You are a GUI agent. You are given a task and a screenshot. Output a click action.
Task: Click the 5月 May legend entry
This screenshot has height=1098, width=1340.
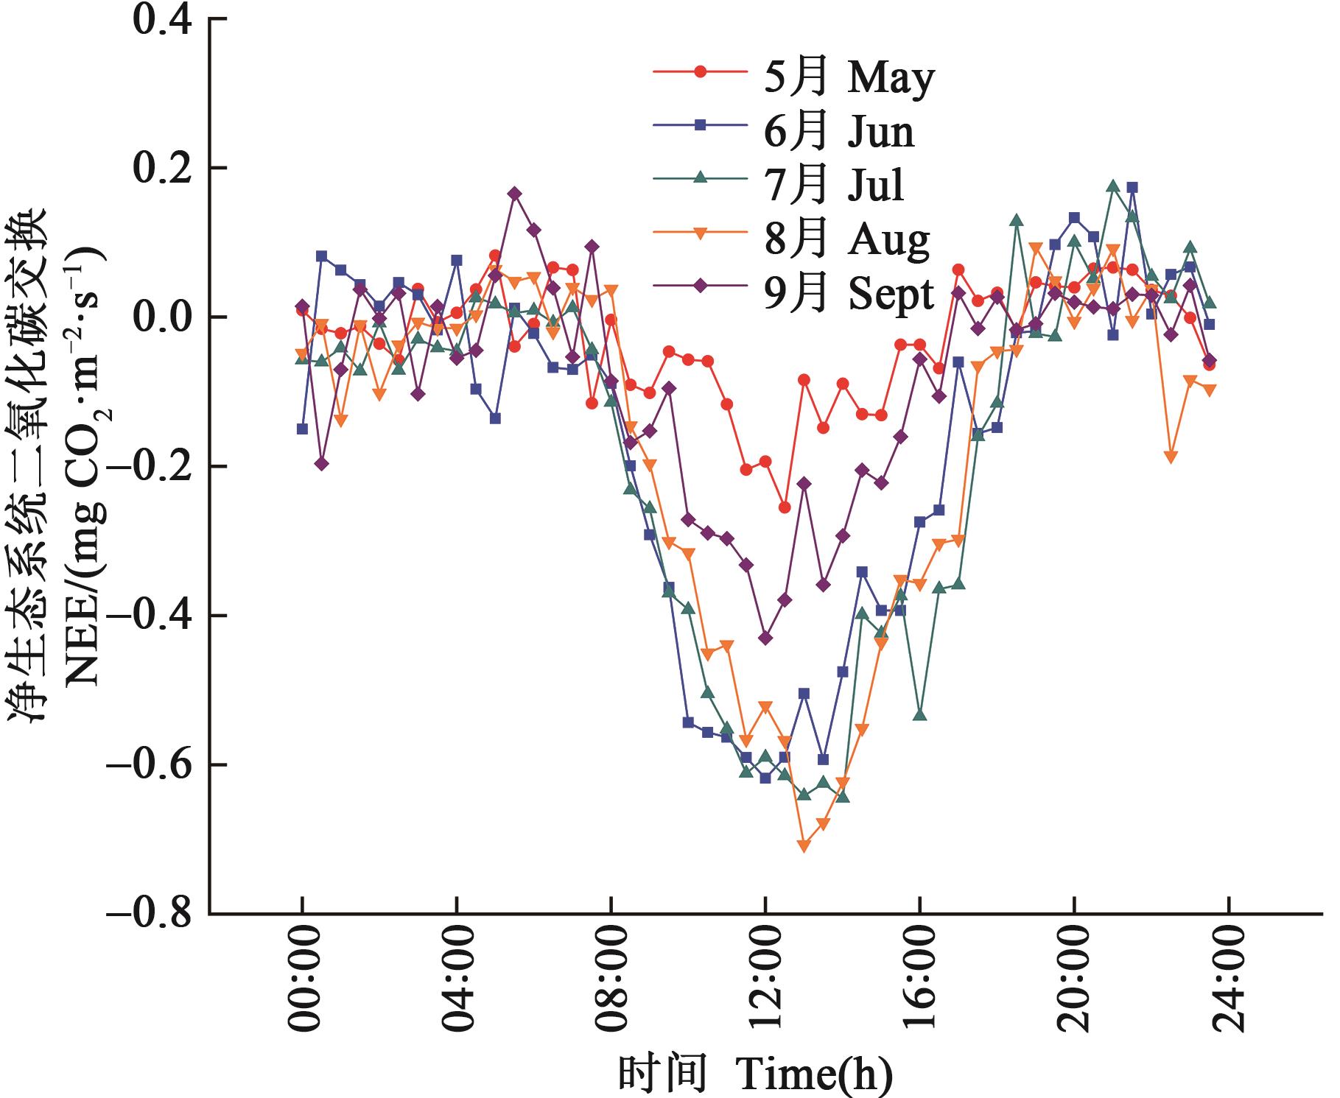(793, 73)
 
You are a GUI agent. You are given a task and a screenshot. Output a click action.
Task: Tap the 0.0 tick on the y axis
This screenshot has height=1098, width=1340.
(163, 317)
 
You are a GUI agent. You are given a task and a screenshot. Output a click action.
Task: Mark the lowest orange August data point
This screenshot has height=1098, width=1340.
(804, 846)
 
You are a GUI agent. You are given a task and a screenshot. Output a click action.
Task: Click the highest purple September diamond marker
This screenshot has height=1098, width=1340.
(514, 194)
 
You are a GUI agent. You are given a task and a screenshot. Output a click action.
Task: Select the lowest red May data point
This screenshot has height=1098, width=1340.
(785, 507)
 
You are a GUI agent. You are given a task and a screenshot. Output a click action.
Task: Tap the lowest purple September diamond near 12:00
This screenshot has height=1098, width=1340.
(765, 638)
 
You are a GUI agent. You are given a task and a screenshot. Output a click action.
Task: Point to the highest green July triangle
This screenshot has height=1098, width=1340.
(1113, 186)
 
